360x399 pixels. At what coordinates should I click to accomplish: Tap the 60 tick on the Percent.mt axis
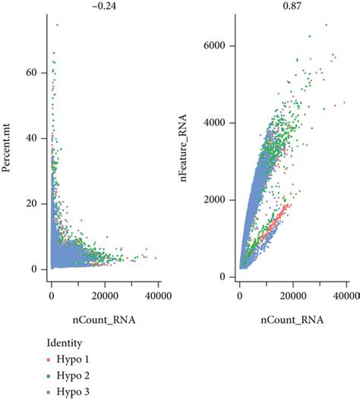coord(33,74)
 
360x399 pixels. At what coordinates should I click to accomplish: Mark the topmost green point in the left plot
coord(57,25)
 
